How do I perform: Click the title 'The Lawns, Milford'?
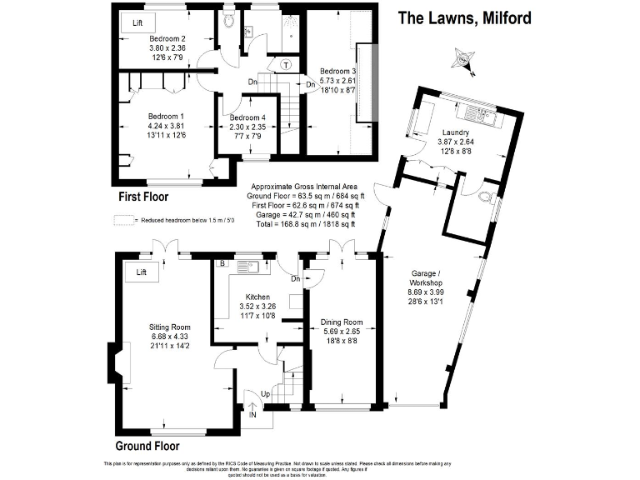tap(464, 17)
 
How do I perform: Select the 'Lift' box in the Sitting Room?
tap(141, 272)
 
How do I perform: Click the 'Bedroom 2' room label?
tap(167, 39)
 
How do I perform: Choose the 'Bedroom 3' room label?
tap(342, 72)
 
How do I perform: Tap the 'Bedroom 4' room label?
tap(247, 117)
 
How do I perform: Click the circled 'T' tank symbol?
tap(286, 65)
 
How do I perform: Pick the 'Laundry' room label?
tap(455, 132)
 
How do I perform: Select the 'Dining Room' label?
tap(342, 322)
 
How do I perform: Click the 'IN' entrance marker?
tap(252, 413)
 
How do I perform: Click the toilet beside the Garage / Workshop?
tap(487, 198)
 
